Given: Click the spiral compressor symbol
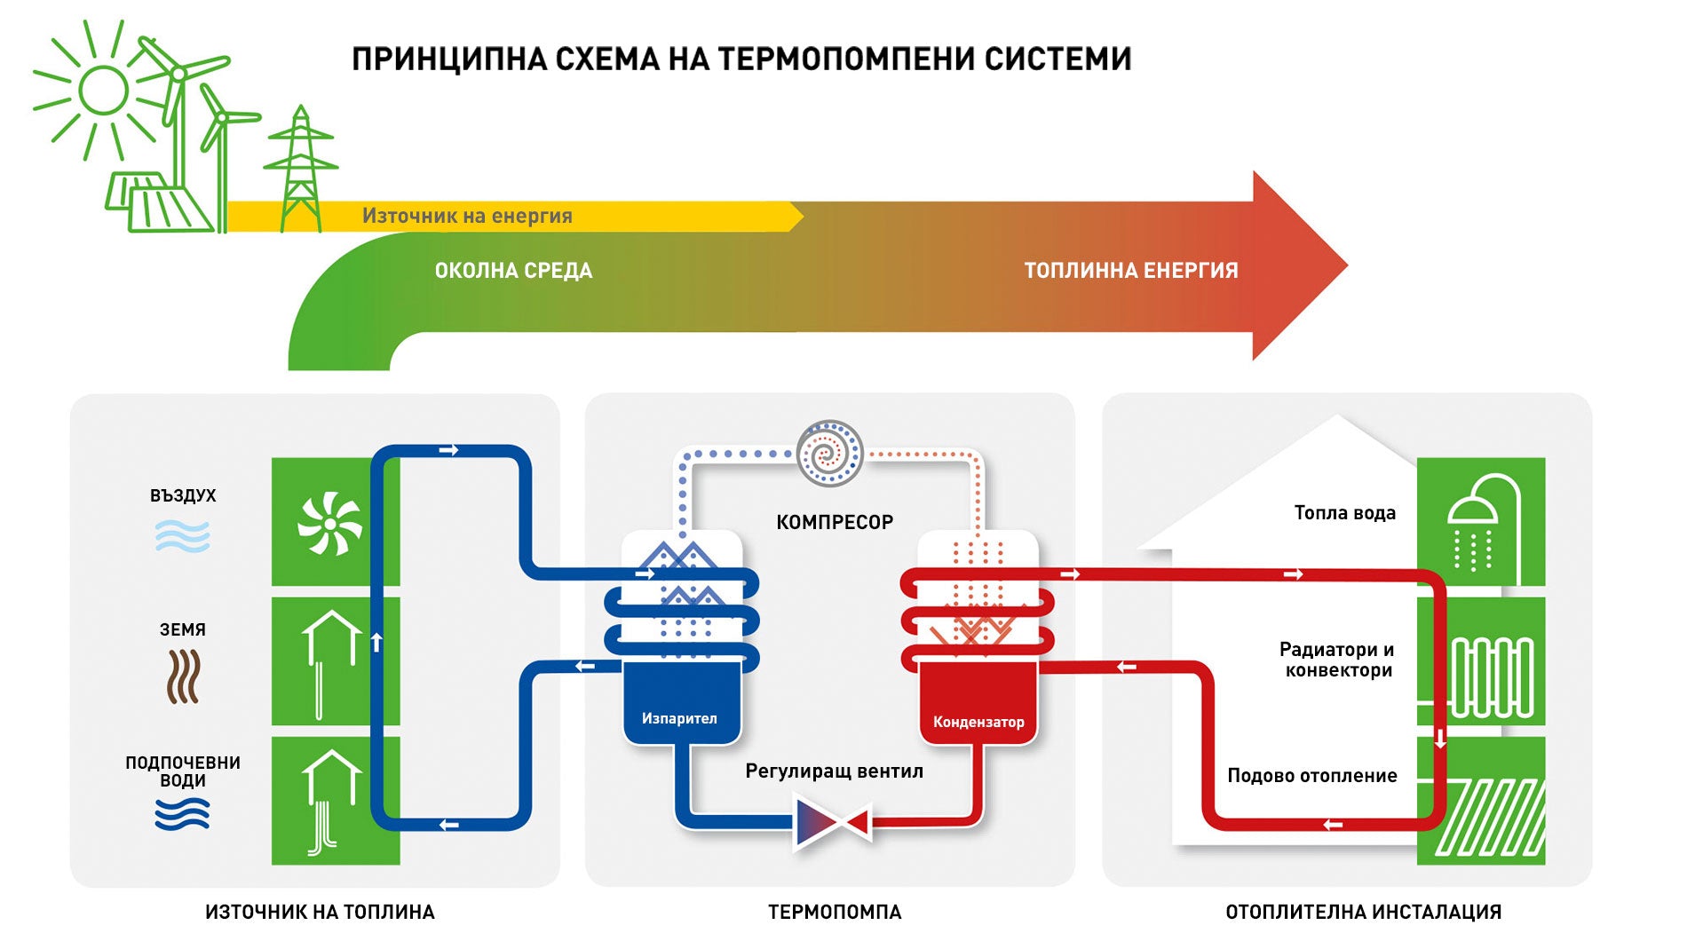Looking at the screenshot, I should click(829, 454).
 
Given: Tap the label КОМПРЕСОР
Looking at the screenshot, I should click(835, 522).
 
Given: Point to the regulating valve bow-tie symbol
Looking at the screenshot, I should click(833, 823).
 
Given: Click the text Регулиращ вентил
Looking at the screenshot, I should click(834, 771).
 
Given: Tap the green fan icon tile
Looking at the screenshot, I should click(329, 523).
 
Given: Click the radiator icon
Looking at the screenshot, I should click(1492, 677).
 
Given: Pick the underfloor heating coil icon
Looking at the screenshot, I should click(1490, 817).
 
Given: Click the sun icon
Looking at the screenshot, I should click(104, 90).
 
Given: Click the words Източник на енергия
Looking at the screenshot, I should click(467, 216).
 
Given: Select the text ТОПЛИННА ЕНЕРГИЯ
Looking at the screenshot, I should click(1130, 271).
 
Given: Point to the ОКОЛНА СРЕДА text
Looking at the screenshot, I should click(513, 271).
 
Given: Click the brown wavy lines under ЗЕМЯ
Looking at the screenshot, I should click(183, 676).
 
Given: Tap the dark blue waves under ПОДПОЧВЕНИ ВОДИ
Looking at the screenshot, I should click(182, 814).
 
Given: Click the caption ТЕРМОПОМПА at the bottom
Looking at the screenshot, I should click(834, 912).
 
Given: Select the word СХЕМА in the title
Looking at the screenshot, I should click(606, 59).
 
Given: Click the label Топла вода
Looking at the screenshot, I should click(1344, 513).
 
